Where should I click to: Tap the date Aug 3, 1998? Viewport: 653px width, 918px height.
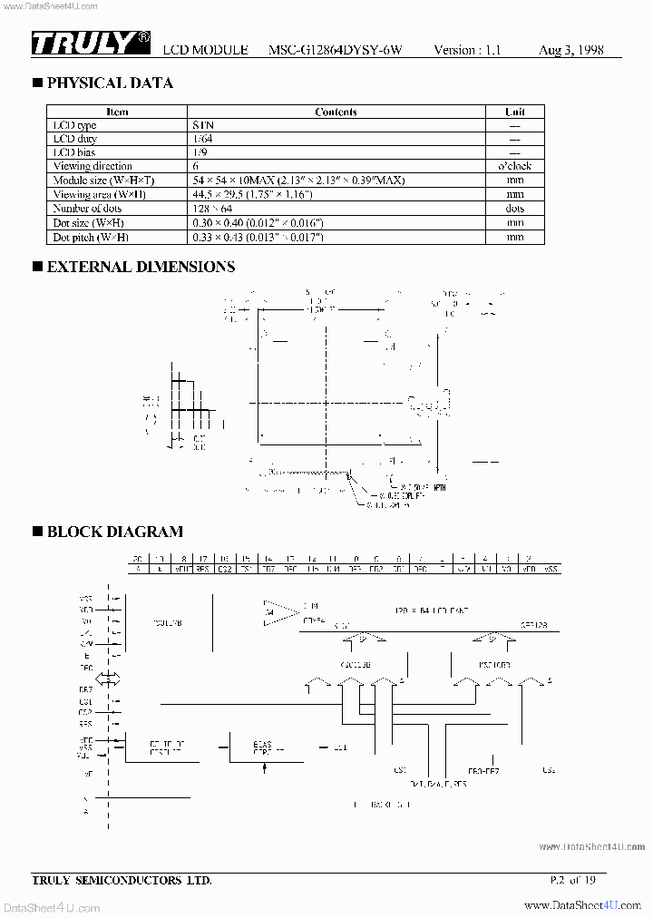tap(570, 51)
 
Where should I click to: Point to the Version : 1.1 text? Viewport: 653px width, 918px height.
tap(467, 51)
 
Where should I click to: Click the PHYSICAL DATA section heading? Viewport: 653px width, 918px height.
tap(109, 83)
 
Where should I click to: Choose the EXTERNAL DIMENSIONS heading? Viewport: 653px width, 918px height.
tap(140, 267)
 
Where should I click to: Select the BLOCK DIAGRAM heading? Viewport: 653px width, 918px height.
tap(114, 532)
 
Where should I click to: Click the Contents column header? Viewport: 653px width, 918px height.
tap(336, 112)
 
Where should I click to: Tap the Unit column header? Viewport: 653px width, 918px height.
tap(515, 112)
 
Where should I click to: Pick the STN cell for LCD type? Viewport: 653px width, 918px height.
tap(203, 126)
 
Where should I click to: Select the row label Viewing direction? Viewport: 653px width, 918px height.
tap(93, 167)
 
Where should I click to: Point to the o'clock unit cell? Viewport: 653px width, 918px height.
tap(515, 167)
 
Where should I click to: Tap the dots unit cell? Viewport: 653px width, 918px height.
tap(515, 209)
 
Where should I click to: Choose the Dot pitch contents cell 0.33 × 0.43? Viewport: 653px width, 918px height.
tap(258, 237)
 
